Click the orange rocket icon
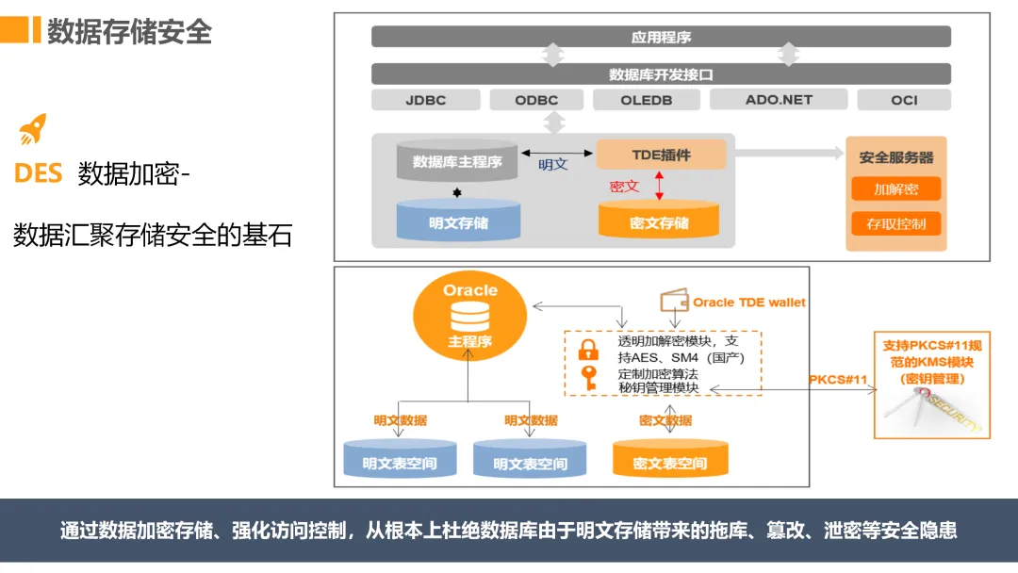[x=33, y=129]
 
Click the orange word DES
[x=39, y=173]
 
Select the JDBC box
[x=425, y=100]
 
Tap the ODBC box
[x=536, y=100]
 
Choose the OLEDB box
[x=647, y=100]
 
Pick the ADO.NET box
[x=779, y=100]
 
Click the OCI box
[x=904, y=100]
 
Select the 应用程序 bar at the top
[x=661, y=38]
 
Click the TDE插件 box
[x=662, y=155]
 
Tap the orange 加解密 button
[x=895, y=188]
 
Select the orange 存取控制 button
[x=895, y=224]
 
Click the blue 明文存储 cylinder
[x=458, y=221]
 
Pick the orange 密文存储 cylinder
[x=659, y=221]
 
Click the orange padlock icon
[x=588, y=350]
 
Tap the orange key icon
[x=589, y=378]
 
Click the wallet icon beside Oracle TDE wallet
[x=674, y=303]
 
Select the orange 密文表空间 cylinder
[x=669, y=460]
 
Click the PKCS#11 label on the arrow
[x=837, y=379]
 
